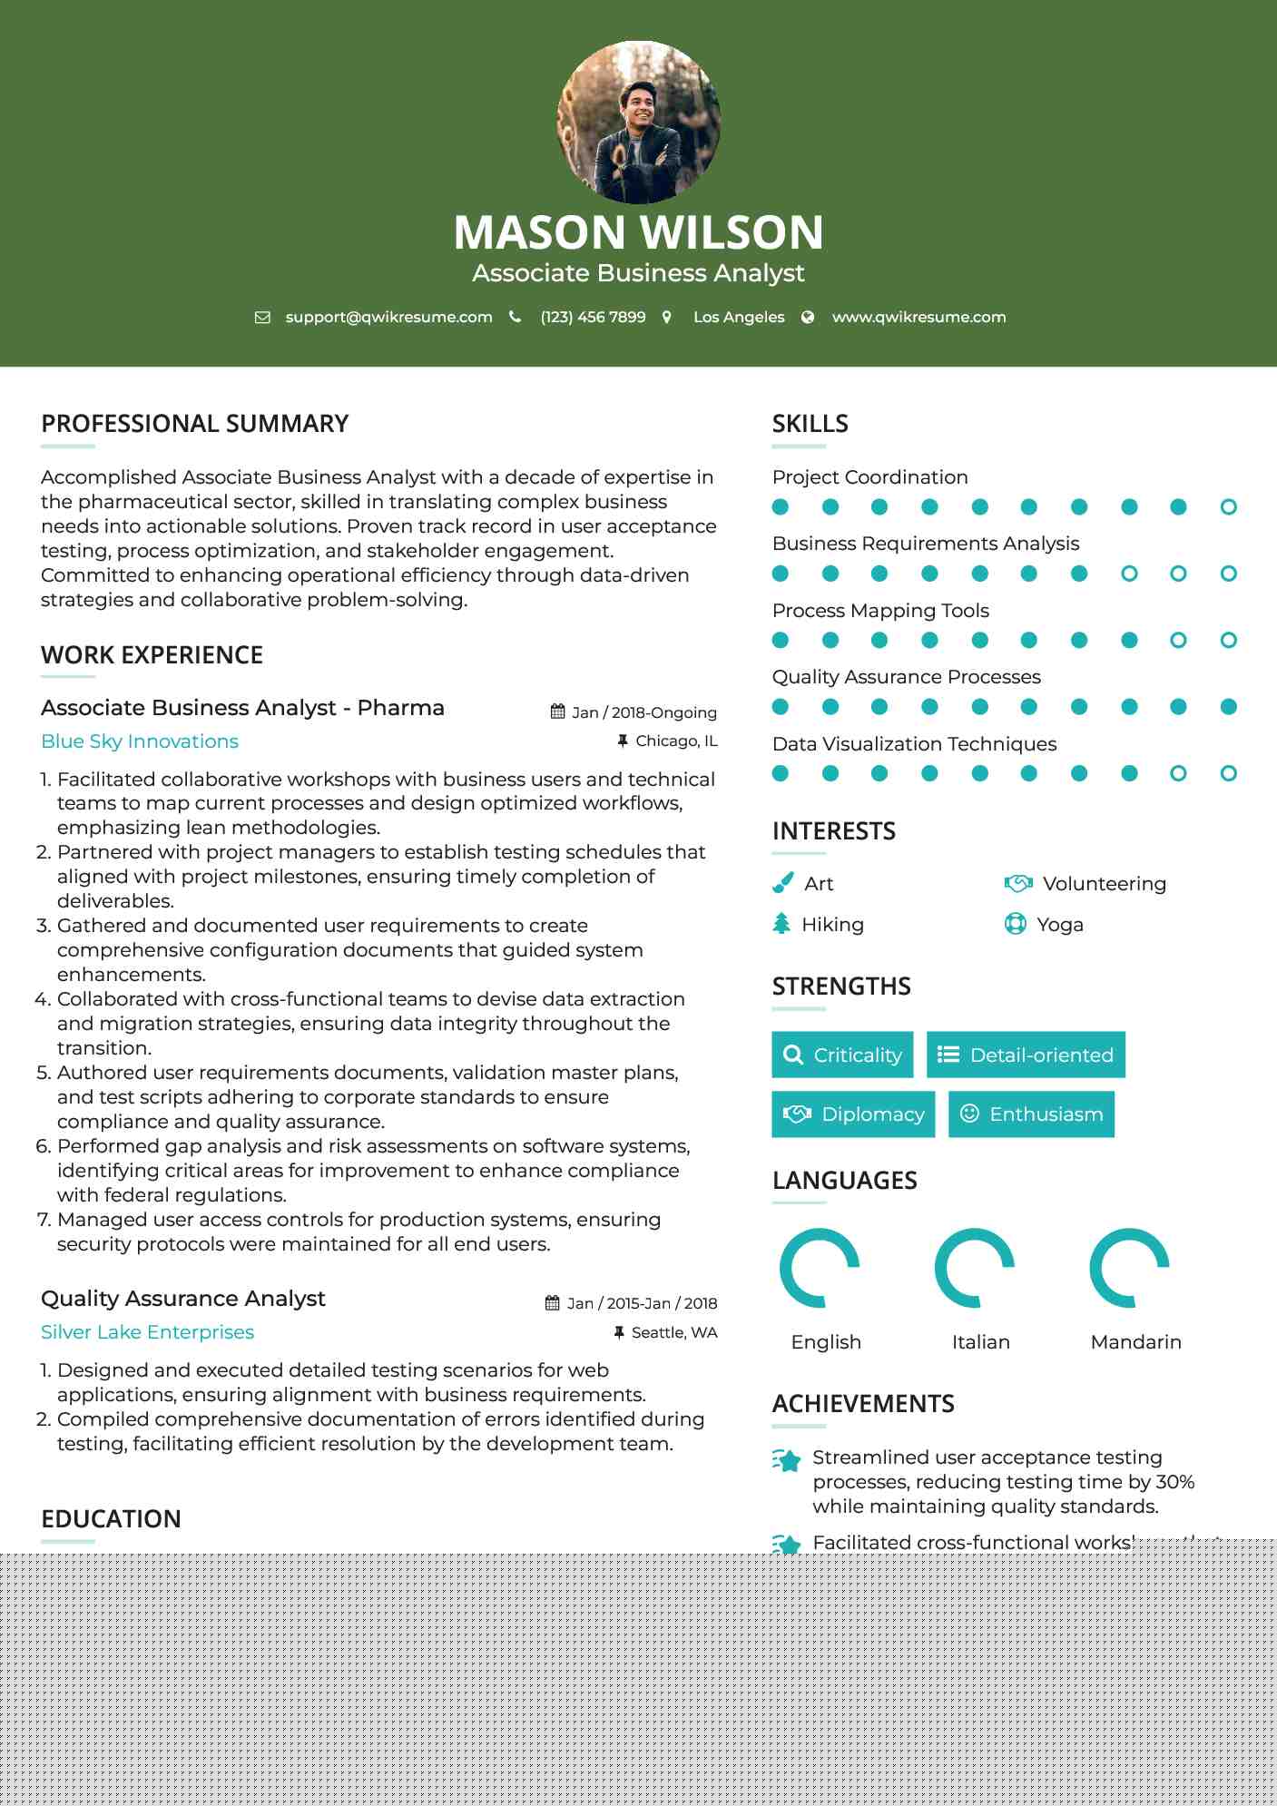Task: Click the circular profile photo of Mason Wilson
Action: (638, 122)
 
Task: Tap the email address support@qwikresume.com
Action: (388, 318)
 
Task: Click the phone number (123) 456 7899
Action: (593, 318)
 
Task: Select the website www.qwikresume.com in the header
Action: (918, 318)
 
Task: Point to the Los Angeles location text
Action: (738, 318)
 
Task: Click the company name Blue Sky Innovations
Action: (140, 741)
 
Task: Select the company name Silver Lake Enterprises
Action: (147, 1332)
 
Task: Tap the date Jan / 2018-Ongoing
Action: (643, 712)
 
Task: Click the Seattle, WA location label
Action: (673, 1332)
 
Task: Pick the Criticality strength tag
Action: (842, 1055)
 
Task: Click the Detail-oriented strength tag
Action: (1026, 1055)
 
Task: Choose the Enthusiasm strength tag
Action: (1031, 1114)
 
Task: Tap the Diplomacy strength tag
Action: (853, 1114)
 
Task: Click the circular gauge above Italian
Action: (975, 1268)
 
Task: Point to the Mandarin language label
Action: (1135, 1342)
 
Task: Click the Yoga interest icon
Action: (1016, 924)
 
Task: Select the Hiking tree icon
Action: (781, 924)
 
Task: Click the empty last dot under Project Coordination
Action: (1228, 507)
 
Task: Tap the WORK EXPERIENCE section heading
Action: (152, 655)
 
